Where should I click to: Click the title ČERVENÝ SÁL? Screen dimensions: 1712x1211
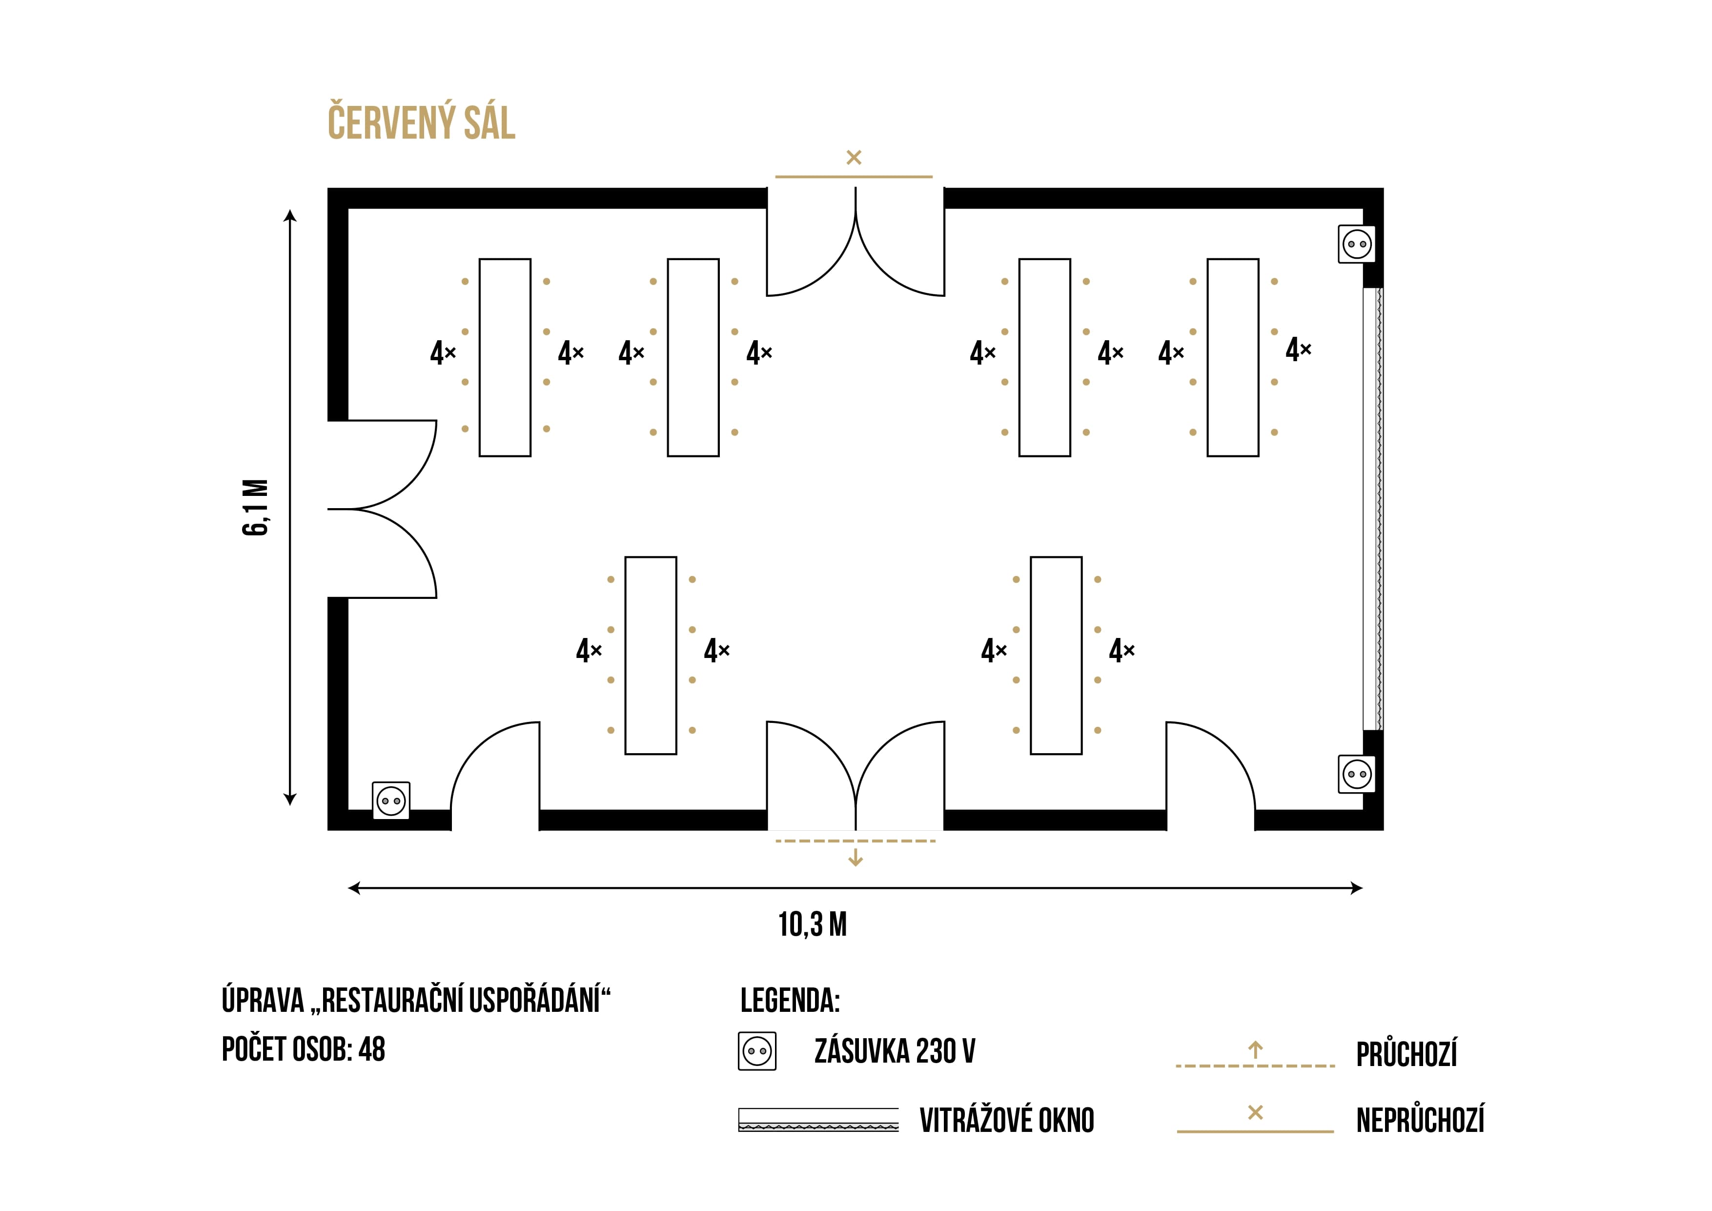tap(421, 123)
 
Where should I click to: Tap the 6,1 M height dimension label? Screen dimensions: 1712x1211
tap(256, 507)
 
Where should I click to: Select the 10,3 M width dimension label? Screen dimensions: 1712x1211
tap(813, 924)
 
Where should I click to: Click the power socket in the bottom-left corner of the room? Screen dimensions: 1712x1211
tap(391, 801)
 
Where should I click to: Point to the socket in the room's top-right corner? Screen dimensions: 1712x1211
tap(1357, 244)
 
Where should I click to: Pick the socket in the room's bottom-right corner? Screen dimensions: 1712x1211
tap(1357, 774)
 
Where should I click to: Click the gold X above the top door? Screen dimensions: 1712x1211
tap(854, 157)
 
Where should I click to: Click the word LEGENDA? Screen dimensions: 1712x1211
tap(790, 1001)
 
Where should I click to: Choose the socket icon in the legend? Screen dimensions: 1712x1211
tap(757, 1051)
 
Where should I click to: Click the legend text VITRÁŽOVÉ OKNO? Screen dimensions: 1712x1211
tap(1007, 1120)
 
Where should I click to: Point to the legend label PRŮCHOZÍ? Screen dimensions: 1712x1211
tap(1406, 1054)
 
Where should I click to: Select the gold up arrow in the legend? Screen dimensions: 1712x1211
tap(1256, 1050)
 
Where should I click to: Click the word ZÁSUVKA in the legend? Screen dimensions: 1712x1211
tap(862, 1051)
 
